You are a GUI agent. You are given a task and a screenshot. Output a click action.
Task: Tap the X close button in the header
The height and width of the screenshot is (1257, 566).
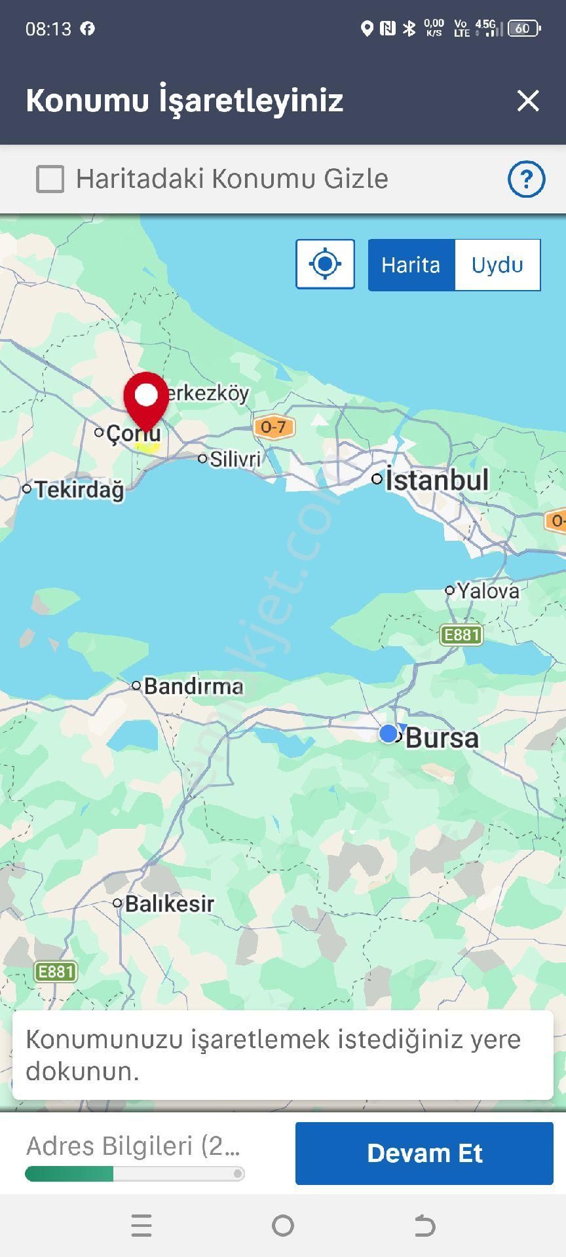click(x=527, y=101)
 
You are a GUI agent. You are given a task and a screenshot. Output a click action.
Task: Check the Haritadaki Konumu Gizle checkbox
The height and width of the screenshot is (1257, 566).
click(x=50, y=179)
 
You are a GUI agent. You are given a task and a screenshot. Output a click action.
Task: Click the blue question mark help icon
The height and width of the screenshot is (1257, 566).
click(x=526, y=179)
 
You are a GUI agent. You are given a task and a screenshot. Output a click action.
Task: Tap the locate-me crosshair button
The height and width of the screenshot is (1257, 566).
click(x=325, y=264)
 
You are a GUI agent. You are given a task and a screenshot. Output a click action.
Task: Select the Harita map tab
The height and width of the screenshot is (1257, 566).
click(x=411, y=265)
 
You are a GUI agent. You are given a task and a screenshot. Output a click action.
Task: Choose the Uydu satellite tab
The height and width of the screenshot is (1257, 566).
click(x=497, y=265)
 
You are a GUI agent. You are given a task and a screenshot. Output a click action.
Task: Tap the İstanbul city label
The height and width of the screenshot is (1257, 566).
click(x=436, y=480)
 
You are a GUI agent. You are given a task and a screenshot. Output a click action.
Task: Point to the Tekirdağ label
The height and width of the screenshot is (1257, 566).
click(x=79, y=490)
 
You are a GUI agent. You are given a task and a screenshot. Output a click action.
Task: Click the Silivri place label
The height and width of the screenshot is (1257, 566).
click(x=235, y=459)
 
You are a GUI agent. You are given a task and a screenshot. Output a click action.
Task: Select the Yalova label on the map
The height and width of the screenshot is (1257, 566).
click(x=488, y=591)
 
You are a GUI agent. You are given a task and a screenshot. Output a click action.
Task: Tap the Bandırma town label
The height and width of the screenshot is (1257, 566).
click(x=193, y=686)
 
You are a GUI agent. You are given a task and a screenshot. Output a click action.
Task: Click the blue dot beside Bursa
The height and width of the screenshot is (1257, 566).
click(x=388, y=733)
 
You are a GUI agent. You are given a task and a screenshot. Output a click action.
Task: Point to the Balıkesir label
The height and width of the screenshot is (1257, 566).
click(x=169, y=904)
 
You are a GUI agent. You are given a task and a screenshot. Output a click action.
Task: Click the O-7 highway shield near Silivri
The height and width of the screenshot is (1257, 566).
click(x=273, y=428)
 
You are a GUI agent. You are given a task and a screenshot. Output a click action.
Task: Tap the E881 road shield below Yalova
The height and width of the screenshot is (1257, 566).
click(x=461, y=634)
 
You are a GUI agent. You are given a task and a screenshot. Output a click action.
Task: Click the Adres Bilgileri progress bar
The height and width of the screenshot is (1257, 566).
click(x=134, y=1174)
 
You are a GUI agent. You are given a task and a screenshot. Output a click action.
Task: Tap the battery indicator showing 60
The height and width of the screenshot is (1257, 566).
click(x=524, y=28)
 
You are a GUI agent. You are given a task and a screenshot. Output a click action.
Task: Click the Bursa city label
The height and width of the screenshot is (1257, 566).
click(x=442, y=738)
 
